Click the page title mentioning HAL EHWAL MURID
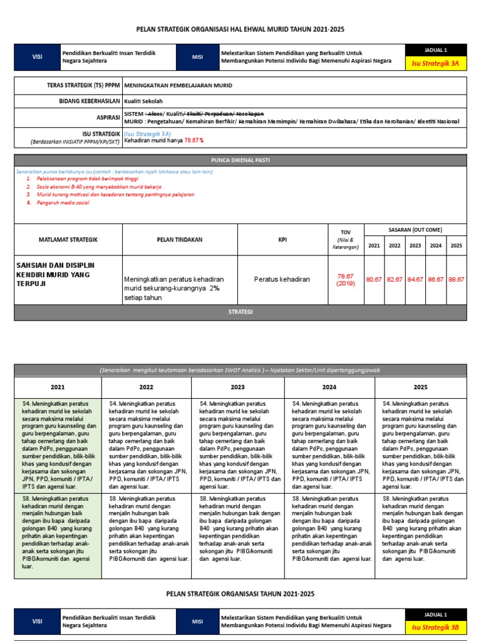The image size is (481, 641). pos(240,29)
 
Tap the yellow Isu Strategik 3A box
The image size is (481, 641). pos(435,63)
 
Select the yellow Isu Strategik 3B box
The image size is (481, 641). pos(435,625)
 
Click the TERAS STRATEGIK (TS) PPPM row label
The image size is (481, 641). pos(81,85)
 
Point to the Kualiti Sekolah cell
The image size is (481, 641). pos(143,101)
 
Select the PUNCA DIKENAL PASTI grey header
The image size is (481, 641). pos(240,160)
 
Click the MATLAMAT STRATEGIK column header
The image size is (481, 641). pos(68,239)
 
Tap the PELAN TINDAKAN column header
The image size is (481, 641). pos(180,239)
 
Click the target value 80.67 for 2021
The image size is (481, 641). pos(374,279)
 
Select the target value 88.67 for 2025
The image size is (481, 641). pos(456,279)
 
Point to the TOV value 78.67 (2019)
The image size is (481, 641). pos(346,279)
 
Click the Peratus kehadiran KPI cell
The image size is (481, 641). pos(282,279)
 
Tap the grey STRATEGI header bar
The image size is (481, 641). pos(240,312)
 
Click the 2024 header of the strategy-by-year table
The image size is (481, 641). pos(329,387)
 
